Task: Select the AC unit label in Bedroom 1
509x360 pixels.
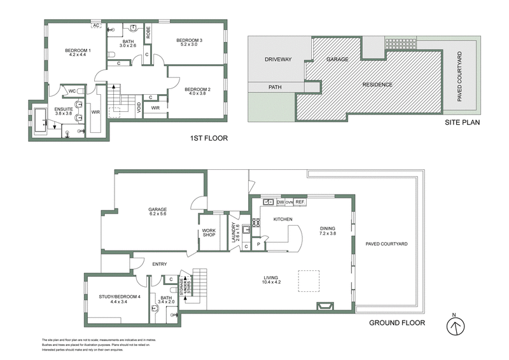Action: click(x=96, y=26)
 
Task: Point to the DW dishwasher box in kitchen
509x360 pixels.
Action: click(x=280, y=202)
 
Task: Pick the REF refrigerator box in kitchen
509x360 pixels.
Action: click(x=300, y=202)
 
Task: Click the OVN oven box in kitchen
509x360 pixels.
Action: click(x=289, y=202)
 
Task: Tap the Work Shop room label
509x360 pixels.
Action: click(x=209, y=232)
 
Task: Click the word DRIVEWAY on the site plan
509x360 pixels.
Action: click(x=277, y=60)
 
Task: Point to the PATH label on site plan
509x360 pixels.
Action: click(x=275, y=87)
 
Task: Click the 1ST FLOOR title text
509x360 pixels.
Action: click(x=209, y=138)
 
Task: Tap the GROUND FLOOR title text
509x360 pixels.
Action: click(x=397, y=322)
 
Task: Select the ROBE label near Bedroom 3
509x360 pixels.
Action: click(x=148, y=32)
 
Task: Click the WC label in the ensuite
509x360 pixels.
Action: click(x=73, y=91)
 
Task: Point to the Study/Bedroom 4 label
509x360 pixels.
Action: click(x=118, y=298)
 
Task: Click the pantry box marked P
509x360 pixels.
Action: click(x=259, y=243)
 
